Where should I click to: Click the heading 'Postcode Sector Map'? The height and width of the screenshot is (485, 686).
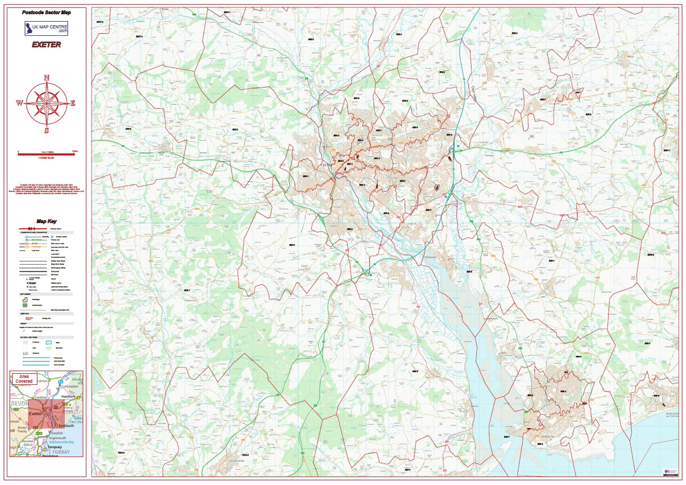[x=46, y=12]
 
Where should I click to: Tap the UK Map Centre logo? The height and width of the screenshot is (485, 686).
[x=46, y=28]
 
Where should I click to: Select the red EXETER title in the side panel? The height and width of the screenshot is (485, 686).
[x=46, y=44]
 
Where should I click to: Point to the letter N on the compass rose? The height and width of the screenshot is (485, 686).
[x=47, y=78]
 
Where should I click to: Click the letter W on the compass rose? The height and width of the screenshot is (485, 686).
[x=19, y=103]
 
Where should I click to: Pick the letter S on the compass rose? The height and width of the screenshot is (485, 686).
[x=47, y=130]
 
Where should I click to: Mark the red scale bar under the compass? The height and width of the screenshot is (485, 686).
[x=46, y=153]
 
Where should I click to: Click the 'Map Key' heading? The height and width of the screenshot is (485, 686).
[x=46, y=221]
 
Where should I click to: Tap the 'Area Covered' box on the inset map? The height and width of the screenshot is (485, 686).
[x=24, y=379]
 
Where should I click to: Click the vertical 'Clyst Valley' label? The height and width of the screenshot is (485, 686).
[x=473, y=94]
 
